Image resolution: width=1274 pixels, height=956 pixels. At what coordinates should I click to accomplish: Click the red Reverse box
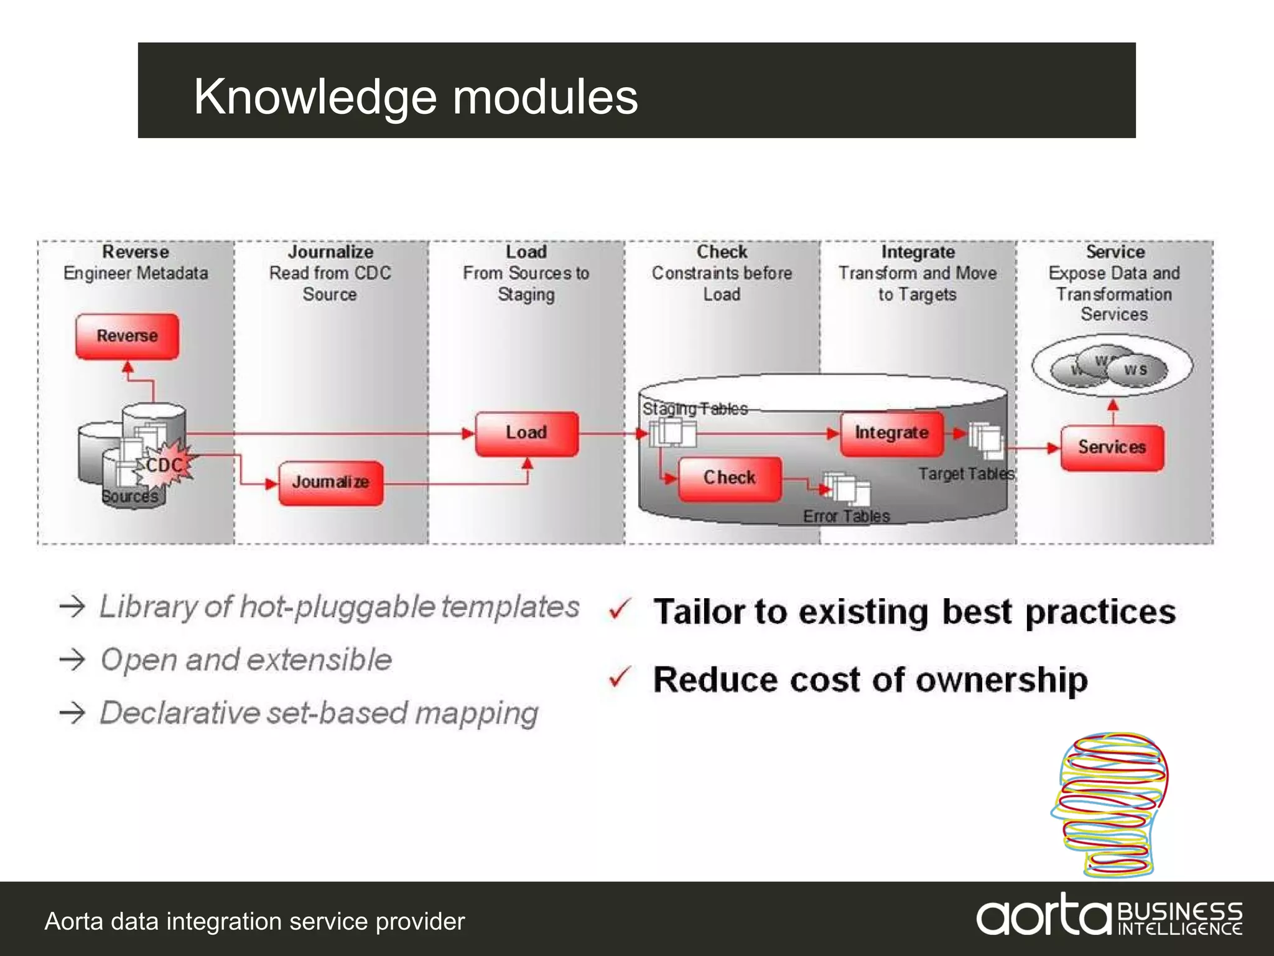click(127, 337)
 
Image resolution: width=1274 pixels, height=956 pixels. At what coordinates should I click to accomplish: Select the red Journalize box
click(330, 483)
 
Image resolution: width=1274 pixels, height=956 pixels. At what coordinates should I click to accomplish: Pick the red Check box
click(729, 479)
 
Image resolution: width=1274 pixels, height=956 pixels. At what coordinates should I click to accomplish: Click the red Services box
click(1112, 448)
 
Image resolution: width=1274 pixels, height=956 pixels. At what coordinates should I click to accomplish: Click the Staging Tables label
click(695, 409)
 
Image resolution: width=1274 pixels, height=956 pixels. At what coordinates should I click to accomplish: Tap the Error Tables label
click(846, 517)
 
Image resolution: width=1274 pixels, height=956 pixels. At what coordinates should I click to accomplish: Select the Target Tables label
click(966, 474)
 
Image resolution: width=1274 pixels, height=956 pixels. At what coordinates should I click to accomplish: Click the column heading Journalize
click(330, 252)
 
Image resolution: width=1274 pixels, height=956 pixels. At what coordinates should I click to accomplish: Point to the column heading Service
click(1115, 252)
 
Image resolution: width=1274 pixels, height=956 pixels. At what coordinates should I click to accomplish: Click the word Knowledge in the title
click(315, 98)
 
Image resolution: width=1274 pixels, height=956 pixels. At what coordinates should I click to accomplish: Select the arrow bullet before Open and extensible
click(72, 659)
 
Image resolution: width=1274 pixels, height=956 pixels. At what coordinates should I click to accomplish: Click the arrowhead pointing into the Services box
click(1054, 448)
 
